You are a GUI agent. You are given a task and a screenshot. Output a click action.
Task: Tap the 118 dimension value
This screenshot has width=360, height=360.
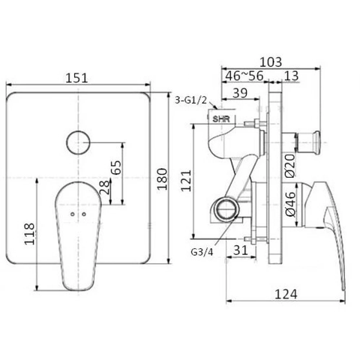click(29, 234)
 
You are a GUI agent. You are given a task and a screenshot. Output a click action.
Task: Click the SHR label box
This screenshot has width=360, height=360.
click(221, 118)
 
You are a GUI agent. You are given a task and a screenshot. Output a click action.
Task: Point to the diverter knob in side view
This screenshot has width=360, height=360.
click(310, 139)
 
